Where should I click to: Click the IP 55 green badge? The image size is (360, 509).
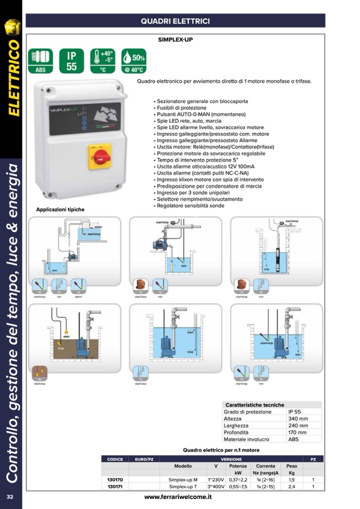pyautogui.click(x=72, y=60)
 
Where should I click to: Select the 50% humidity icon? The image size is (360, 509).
pyautogui.click(x=133, y=60)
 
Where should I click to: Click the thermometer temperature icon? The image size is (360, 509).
pyautogui.click(x=102, y=60)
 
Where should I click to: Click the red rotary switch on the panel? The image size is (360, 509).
pyautogui.click(x=99, y=157)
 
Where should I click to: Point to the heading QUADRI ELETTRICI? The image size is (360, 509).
pyautogui.click(x=175, y=21)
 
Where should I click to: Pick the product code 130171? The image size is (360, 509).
pyautogui.click(x=115, y=486)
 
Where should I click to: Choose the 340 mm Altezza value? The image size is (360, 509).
pyautogui.click(x=298, y=418)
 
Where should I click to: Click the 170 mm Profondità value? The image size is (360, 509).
pyautogui.click(x=298, y=432)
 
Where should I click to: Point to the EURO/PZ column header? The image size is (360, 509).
pyautogui.click(x=144, y=459)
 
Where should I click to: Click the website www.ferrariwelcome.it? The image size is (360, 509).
pyautogui.click(x=178, y=497)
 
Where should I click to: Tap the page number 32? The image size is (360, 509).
pyautogui.click(x=10, y=497)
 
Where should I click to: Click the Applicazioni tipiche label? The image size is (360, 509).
pyautogui.click(x=60, y=210)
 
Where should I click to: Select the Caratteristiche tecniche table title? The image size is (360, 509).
pyautogui.click(x=255, y=404)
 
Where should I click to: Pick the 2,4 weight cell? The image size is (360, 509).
pyautogui.click(x=292, y=486)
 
